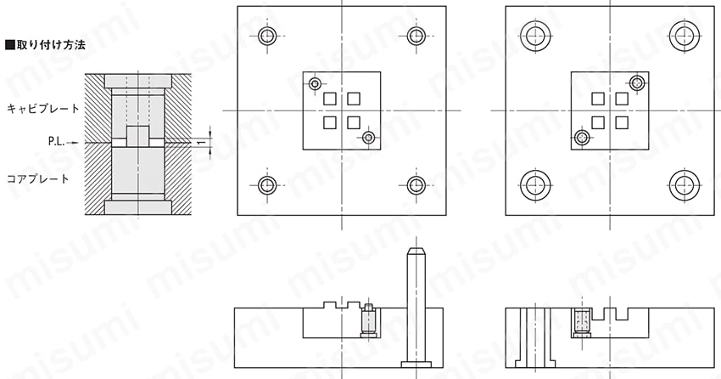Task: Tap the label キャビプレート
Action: pyautogui.click(x=42, y=109)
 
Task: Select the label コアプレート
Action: pyautogui.click(x=37, y=178)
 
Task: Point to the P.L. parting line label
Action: pyautogui.click(x=56, y=142)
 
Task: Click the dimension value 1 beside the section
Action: pyautogui.click(x=198, y=144)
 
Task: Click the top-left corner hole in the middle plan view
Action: pyautogui.click(x=267, y=36)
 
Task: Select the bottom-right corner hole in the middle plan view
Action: pyautogui.click(x=416, y=185)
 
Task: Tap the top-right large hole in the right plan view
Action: pyautogui.click(x=685, y=36)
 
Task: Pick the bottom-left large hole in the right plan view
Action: pyautogui.click(x=536, y=185)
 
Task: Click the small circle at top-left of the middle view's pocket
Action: pyautogui.click(x=315, y=84)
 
